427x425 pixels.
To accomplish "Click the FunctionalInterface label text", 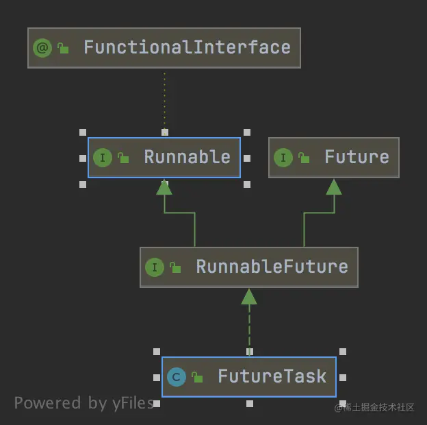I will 187,47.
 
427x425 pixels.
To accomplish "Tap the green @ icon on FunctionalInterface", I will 42,48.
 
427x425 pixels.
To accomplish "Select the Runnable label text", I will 187,157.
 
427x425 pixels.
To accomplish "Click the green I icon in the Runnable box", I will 102,158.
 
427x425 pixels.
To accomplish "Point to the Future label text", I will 357,157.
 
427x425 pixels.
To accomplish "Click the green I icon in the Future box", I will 283,158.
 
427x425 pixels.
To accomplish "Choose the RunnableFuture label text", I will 272,267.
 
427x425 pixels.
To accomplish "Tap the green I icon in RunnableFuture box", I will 155,267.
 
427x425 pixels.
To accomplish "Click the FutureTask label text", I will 272,376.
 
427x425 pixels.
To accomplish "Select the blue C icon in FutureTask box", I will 177,377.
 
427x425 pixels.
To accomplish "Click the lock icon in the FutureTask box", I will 197,377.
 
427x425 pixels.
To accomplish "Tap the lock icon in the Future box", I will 303,158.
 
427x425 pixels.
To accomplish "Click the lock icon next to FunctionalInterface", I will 63,48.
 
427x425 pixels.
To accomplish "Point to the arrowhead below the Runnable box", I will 164,186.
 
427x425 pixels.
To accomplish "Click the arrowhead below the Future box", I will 334,186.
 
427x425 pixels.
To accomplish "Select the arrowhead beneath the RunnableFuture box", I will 249,296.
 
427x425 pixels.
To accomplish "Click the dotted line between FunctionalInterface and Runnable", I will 164,99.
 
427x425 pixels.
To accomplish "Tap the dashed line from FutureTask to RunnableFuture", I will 249,326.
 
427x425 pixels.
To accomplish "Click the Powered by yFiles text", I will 83,403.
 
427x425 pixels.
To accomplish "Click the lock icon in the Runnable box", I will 123,158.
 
